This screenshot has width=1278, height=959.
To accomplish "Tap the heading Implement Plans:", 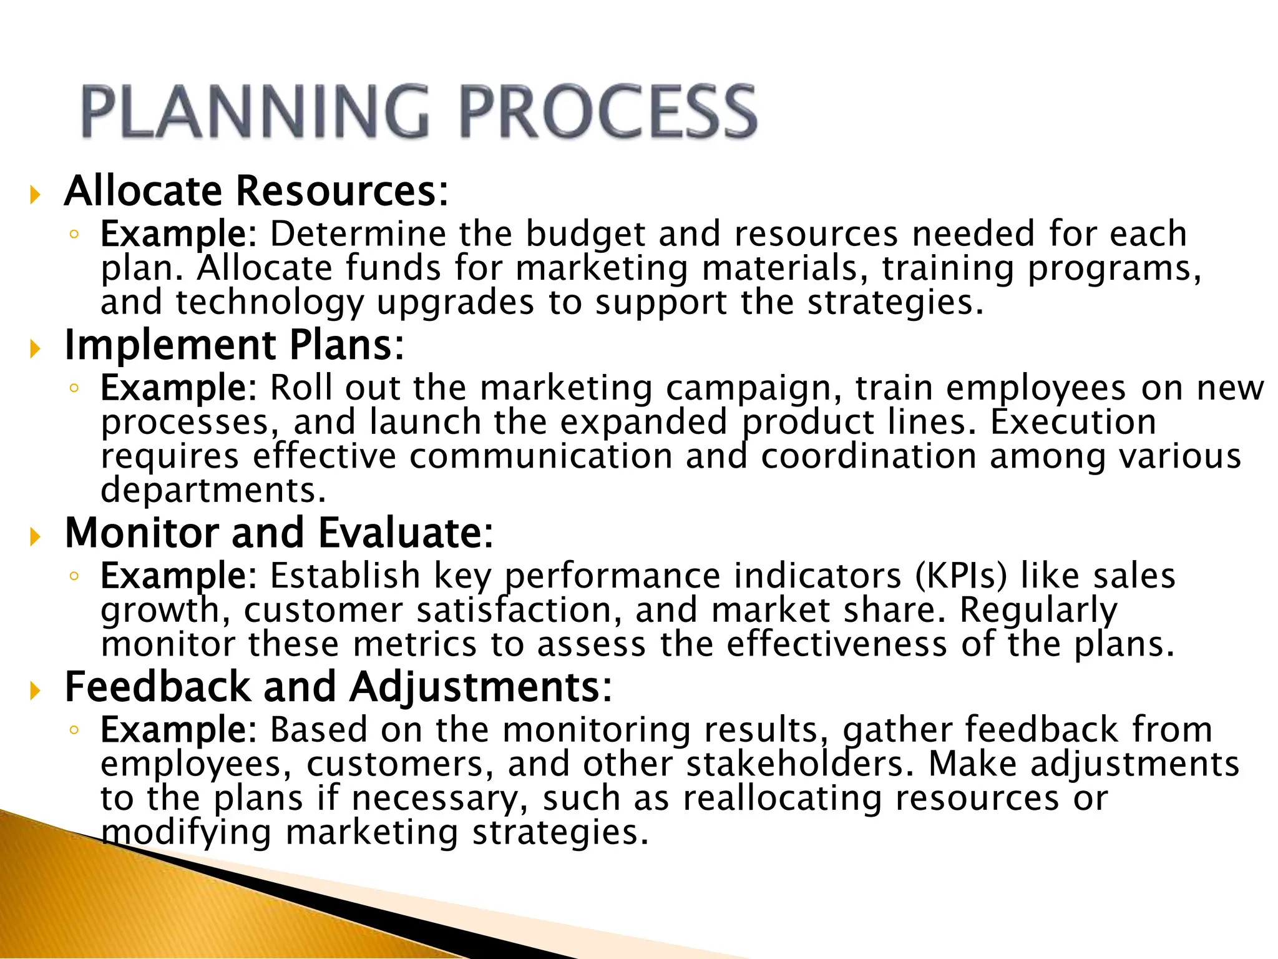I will coord(235,345).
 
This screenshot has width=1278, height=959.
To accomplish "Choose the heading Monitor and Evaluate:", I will coord(279,533).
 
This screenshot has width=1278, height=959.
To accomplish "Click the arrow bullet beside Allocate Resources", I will coord(35,195).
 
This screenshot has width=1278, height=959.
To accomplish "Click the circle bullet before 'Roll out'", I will coord(74,388).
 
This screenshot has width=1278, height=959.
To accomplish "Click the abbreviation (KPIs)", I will coord(961,576).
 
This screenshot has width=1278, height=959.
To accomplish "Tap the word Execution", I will coord(1073,422).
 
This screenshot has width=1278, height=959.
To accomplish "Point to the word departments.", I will coord(213,490).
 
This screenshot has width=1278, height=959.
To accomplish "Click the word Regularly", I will coord(1038,610).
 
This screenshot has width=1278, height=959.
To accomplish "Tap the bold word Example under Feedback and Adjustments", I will coord(175,730).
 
